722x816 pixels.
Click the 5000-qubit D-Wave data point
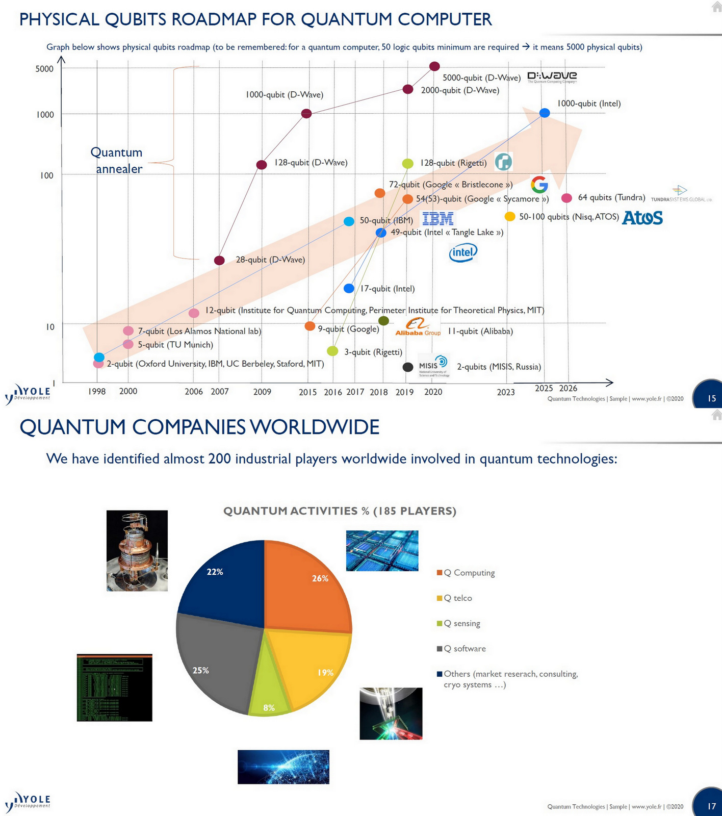click(x=434, y=66)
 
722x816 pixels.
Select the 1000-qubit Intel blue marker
click(x=545, y=113)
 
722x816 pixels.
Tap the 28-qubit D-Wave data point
click(x=219, y=261)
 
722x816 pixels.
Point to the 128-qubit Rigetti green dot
click(x=408, y=163)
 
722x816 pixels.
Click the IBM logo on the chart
click(x=438, y=219)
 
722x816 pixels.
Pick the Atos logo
click(x=642, y=218)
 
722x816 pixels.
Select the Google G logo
click(x=539, y=185)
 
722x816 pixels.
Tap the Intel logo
click(x=463, y=252)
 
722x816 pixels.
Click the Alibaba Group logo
click(x=418, y=327)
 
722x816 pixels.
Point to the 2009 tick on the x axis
click(x=262, y=392)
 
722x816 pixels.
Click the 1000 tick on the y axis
click(x=45, y=115)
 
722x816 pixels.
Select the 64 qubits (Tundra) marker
click(x=566, y=198)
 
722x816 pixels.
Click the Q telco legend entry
click(x=457, y=598)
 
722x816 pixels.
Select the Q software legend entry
click(x=464, y=649)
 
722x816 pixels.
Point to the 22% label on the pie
click(x=215, y=572)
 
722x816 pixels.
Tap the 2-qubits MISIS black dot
click(x=408, y=367)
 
